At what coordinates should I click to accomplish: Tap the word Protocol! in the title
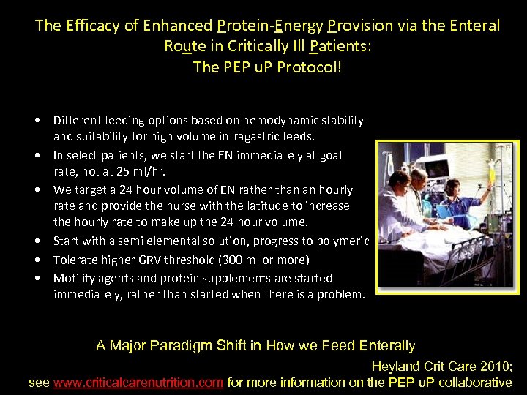click(306, 67)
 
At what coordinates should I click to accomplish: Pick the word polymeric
click(342, 241)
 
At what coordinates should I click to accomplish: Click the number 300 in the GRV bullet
click(250, 260)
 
